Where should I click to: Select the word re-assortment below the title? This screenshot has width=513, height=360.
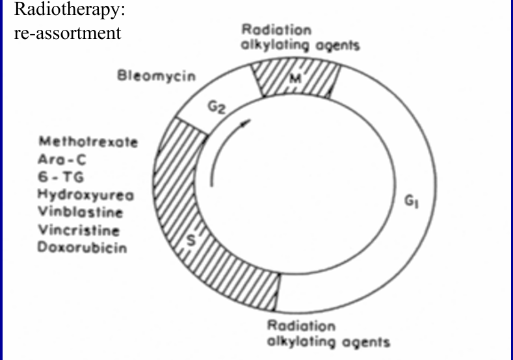(67, 33)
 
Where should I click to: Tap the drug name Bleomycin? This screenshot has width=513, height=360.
(156, 76)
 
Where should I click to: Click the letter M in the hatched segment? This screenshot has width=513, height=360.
(294, 80)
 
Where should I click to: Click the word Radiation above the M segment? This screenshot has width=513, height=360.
(276, 30)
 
